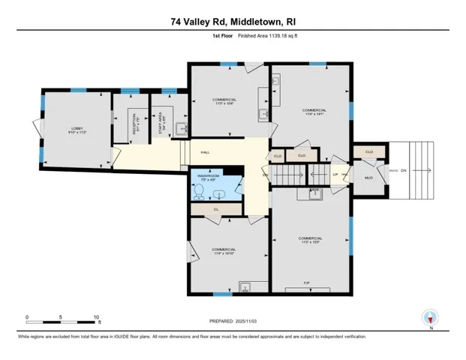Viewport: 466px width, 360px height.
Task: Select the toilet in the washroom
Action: tap(198, 193)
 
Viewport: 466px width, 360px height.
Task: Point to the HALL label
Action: tap(205, 152)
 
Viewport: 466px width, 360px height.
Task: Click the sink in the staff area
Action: tap(181, 127)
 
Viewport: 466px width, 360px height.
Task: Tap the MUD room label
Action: tap(368, 178)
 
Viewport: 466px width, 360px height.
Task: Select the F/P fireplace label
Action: tap(307, 283)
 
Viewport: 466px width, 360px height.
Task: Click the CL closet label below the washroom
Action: tap(216, 209)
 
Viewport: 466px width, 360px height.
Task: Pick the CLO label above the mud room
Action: tap(368, 151)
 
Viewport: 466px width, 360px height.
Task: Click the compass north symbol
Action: tap(430, 318)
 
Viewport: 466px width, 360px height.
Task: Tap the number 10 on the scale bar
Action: tap(96, 317)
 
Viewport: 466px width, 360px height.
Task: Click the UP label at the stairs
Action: tap(335, 175)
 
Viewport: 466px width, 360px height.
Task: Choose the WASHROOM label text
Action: tap(209, 176)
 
